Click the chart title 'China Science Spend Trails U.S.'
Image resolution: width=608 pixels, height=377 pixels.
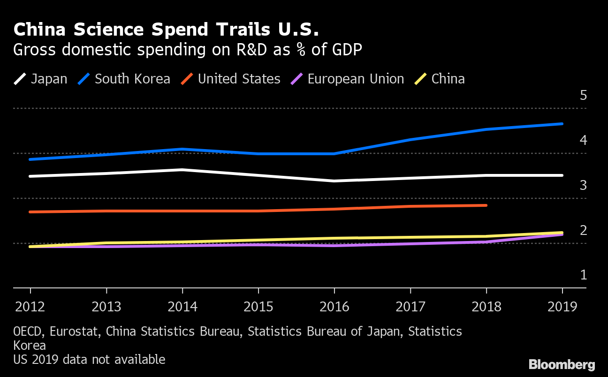tap(166, 30)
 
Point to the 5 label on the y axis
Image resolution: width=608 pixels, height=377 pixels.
tap(583, 96)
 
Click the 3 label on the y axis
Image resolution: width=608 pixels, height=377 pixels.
tap(583, 185)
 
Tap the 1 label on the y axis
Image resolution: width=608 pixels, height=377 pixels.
tap(583, 275)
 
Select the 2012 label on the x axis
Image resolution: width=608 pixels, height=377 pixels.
tap(30, 307)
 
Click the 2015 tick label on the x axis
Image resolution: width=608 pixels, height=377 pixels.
tap(258, 307)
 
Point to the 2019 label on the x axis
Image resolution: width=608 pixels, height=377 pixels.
tap(562, 307)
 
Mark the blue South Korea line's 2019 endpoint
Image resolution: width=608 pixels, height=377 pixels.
tap(562, 124)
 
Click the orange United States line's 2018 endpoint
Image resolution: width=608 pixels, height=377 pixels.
tap(486, 205)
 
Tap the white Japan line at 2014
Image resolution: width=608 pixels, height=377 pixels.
tap(182, 170)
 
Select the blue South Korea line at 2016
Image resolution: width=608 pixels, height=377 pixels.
tap(334, 153)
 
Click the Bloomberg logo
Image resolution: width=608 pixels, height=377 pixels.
tap(562, 365)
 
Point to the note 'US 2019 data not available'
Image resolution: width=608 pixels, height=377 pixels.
tap(89, 360)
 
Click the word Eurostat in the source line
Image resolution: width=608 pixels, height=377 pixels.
tap(75, 332)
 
